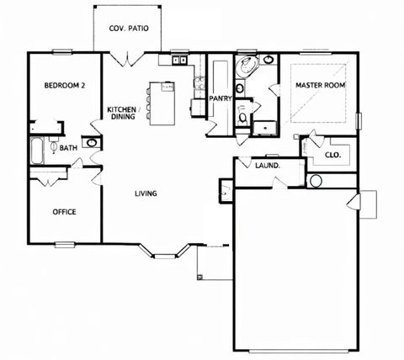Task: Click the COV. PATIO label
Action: (x=129, y=28)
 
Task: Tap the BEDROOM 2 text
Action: (x=64, y=85)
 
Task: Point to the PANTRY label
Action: (x=221, y=98)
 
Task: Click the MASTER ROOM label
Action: (x=319, y=85)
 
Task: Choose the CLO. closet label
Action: (x=332, y=155)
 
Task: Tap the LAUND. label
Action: (x=267, y=166)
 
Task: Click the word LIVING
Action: (x=145, y=194)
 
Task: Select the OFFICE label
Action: (x=64, y=212)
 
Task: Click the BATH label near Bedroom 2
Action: (x=68, y=148)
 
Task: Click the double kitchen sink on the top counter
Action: (x=179, y=61)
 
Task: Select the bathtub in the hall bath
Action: (x=36, y=151)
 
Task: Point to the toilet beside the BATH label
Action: (x=54, y=148)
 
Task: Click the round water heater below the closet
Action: (x=316, y=181)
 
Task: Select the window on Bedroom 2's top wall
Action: (x=62, y=53)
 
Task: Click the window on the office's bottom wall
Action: (x=65, y=245)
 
